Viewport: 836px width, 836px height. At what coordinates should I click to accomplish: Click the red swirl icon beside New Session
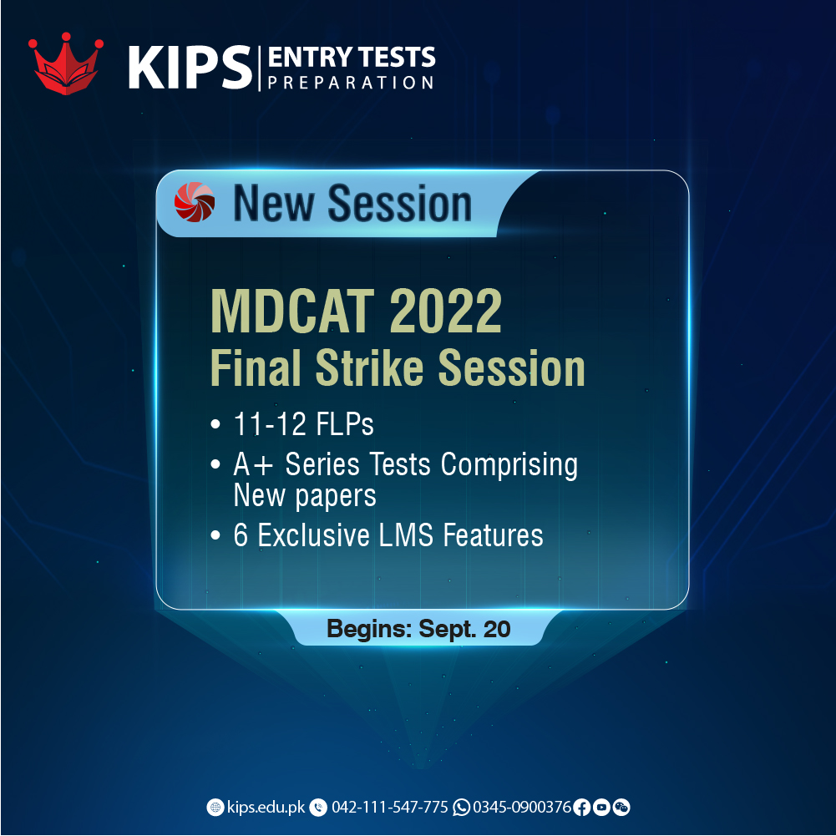(195, 203)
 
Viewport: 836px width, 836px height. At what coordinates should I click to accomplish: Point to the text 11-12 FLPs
(302, 424)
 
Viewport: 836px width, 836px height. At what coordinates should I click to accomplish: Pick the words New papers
(305, 496)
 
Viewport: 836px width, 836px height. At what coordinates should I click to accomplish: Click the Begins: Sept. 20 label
(418, 629)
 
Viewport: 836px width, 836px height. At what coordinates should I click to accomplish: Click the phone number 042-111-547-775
(389, 807)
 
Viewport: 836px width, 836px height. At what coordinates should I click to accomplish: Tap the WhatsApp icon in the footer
(461, 807)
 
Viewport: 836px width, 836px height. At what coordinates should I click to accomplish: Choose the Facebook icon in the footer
(582, 807)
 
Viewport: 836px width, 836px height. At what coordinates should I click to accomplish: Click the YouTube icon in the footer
(601, 807)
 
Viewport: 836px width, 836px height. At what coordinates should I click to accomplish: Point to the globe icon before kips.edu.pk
(215, 807)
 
